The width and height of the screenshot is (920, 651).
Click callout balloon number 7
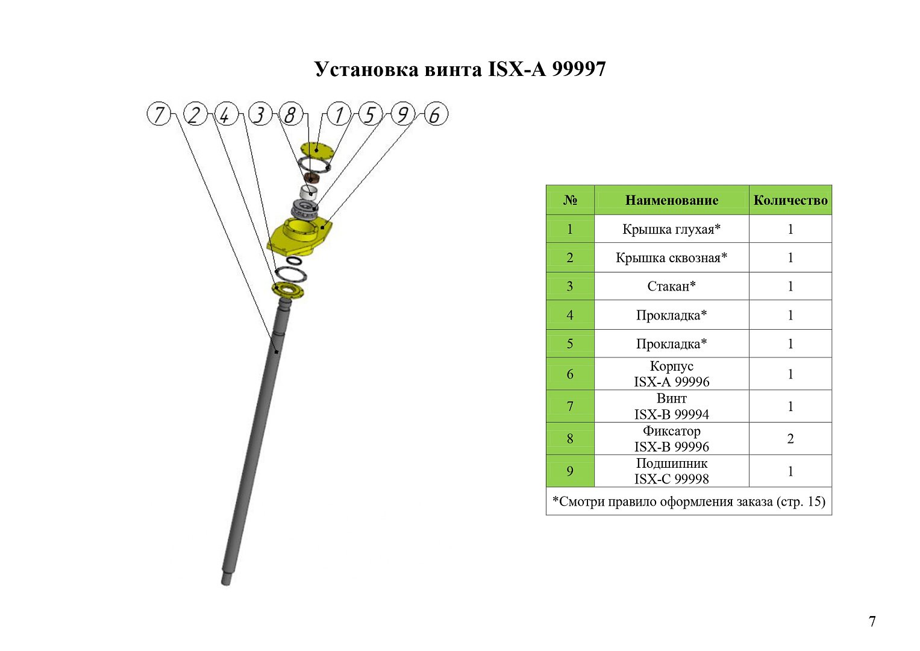159,114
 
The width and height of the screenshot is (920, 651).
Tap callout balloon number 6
436,114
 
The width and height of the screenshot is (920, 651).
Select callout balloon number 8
291,114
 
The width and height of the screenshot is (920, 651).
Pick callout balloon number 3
260,114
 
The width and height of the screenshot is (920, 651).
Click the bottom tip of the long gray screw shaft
226,584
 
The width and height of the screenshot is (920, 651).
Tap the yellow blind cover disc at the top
317,149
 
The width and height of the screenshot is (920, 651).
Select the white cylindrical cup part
309,192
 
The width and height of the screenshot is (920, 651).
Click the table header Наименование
672,200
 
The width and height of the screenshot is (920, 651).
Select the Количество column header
790,200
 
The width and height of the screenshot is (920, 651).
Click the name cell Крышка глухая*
672,229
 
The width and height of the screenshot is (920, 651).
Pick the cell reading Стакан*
672,286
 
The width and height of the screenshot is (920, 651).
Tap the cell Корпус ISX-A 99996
672,374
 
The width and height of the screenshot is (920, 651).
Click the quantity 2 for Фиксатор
790,439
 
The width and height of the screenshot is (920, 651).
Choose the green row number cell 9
570,471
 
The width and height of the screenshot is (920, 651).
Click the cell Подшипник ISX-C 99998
672,471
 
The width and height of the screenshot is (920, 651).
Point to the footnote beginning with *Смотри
689,502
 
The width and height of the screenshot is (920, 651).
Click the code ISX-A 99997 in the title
546,69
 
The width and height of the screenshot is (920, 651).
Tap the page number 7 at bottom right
872,621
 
